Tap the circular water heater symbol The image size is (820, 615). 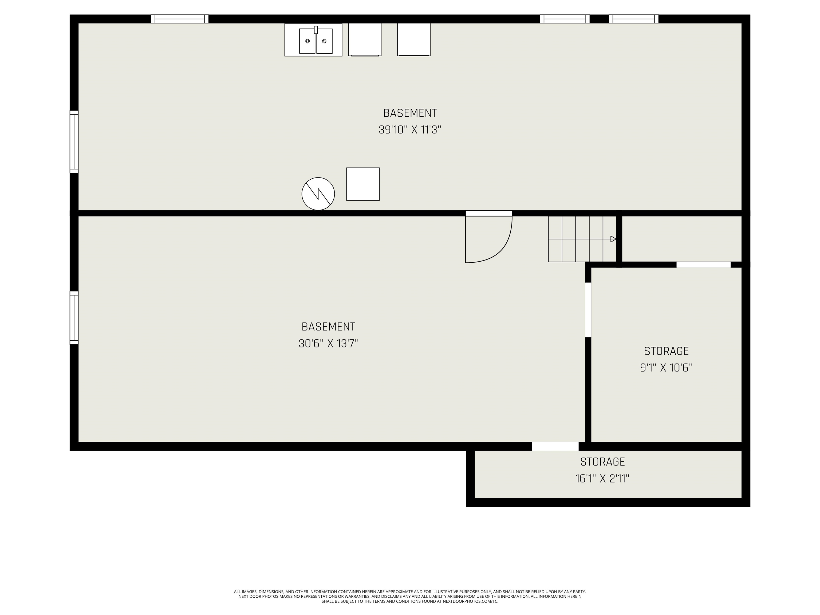318,194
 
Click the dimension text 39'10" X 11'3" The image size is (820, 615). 410,130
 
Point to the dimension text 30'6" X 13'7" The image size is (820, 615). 328,344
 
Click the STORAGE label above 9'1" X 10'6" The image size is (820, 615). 666,351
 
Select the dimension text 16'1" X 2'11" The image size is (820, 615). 602,479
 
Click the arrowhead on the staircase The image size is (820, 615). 613,239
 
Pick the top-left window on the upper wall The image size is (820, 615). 180,19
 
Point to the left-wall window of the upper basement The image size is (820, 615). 74,142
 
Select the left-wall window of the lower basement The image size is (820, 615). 74,318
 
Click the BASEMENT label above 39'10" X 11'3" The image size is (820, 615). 410,113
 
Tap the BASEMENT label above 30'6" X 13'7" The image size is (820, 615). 328,327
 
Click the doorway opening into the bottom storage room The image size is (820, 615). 555,446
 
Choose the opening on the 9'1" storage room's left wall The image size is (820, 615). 588,310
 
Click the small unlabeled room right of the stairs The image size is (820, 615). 681,239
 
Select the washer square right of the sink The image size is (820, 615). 365,40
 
